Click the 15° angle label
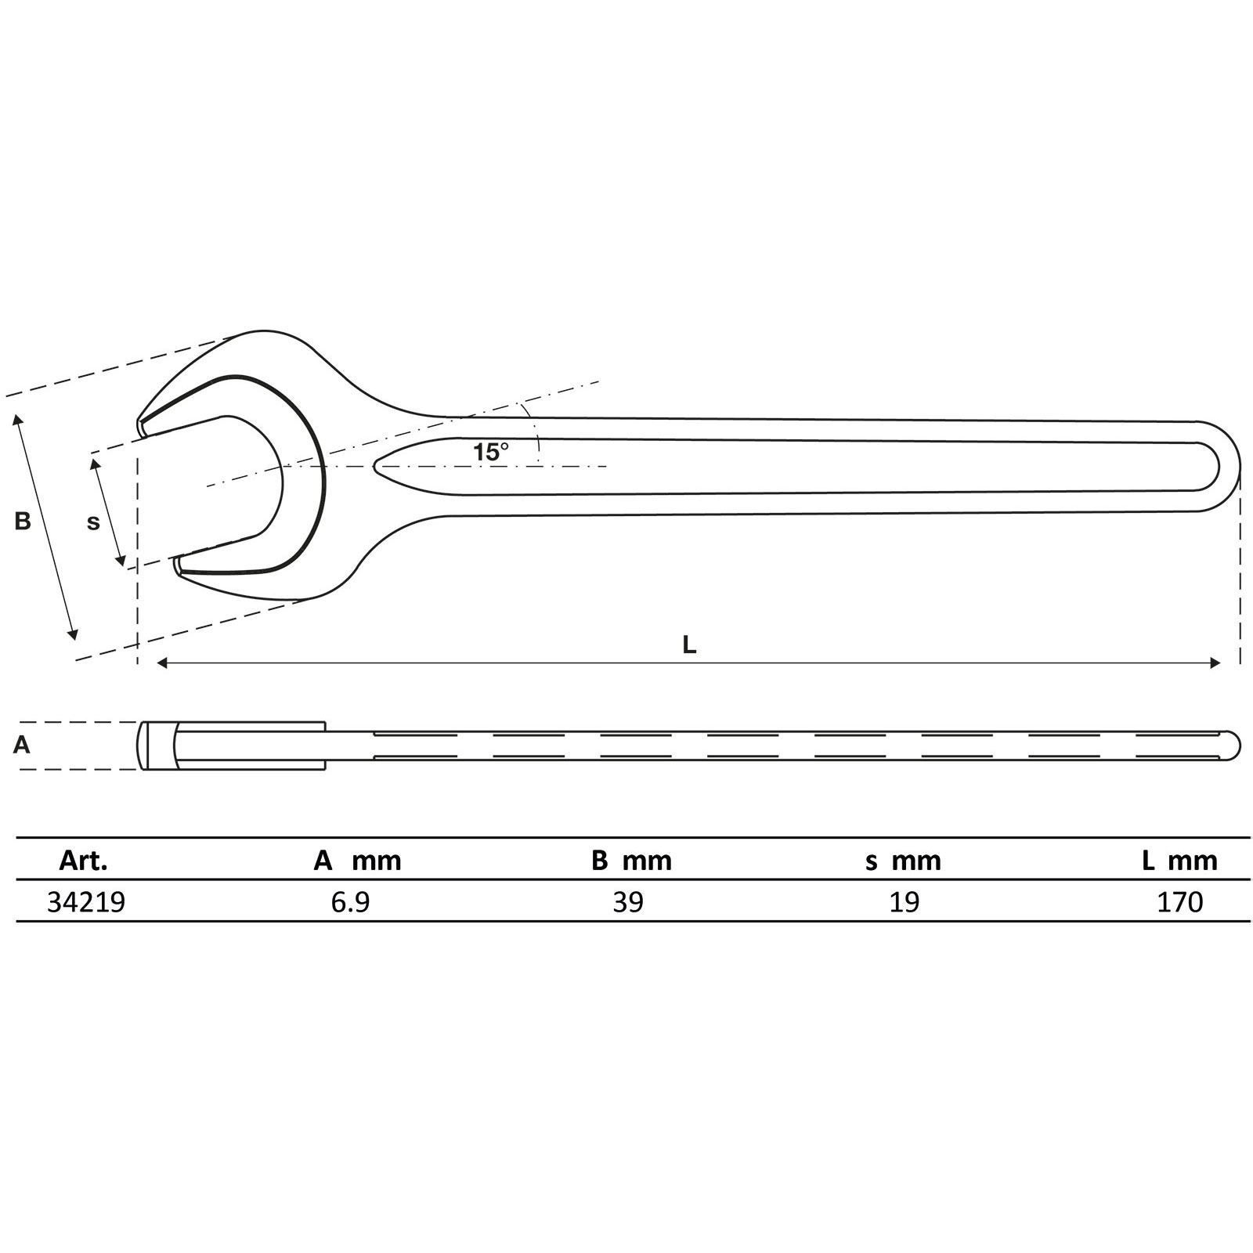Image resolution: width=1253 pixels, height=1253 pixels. coord(490,452)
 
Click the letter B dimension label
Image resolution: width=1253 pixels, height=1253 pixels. coord(23,521)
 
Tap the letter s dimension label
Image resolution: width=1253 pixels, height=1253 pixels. coord(93,522)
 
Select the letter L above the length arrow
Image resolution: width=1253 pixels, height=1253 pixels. coord(689,645)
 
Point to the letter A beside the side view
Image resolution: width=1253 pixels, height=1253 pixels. coord(22,745)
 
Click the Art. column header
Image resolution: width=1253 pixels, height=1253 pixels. coord(83,861)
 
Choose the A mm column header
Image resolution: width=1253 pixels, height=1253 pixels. coord(357,861)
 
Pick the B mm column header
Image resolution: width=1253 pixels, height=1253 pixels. coord(631,861)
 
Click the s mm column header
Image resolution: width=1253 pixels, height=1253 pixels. coord(903,861)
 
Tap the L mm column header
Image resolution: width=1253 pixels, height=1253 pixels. coord(1179,861)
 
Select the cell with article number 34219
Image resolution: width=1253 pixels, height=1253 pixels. coord(86,902)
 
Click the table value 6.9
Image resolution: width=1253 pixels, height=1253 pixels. coord(350,902)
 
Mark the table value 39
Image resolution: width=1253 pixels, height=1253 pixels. coord(628,902)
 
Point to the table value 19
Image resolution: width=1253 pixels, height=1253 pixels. coord(905,902)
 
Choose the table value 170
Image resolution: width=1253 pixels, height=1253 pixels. coord(1180,902)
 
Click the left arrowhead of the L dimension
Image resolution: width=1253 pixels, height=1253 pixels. coord(161,663)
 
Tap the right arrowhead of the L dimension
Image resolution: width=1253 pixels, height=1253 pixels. coord(1216,663)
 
